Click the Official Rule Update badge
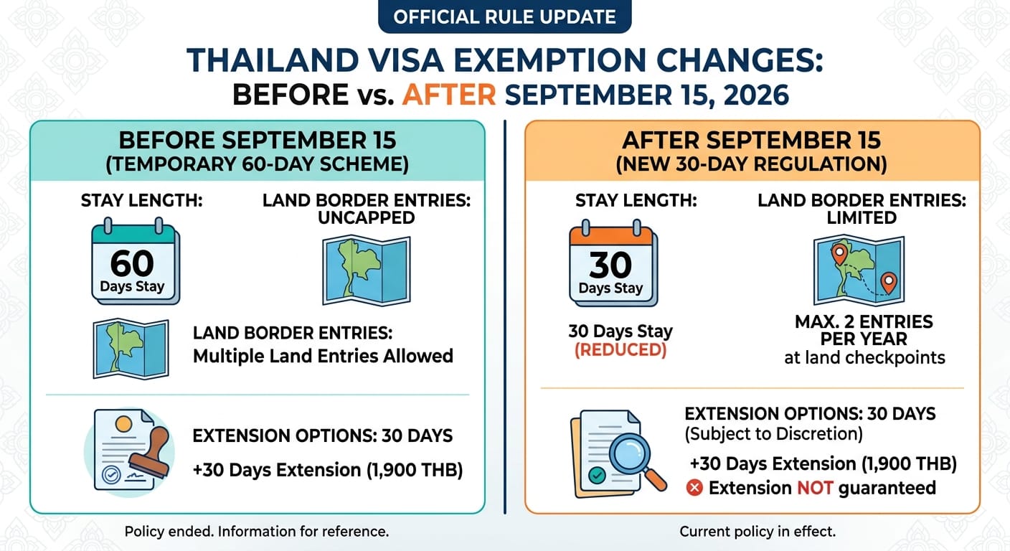(504, 17)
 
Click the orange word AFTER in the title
(449, 95)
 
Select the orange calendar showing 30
(613, 263)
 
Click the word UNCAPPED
(367, 218)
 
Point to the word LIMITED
(862, 218)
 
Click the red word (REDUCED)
(620, 350)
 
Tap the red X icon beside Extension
(694, 487)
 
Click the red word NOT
(815, 488)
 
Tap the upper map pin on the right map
(839, 254)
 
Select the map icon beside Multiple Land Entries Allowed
(131, 349)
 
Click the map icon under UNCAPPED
(366, 270)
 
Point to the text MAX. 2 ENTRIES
(864, 322)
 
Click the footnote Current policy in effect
(757, 532)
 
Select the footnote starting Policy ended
(257, 532)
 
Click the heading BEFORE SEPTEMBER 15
(258, 140)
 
